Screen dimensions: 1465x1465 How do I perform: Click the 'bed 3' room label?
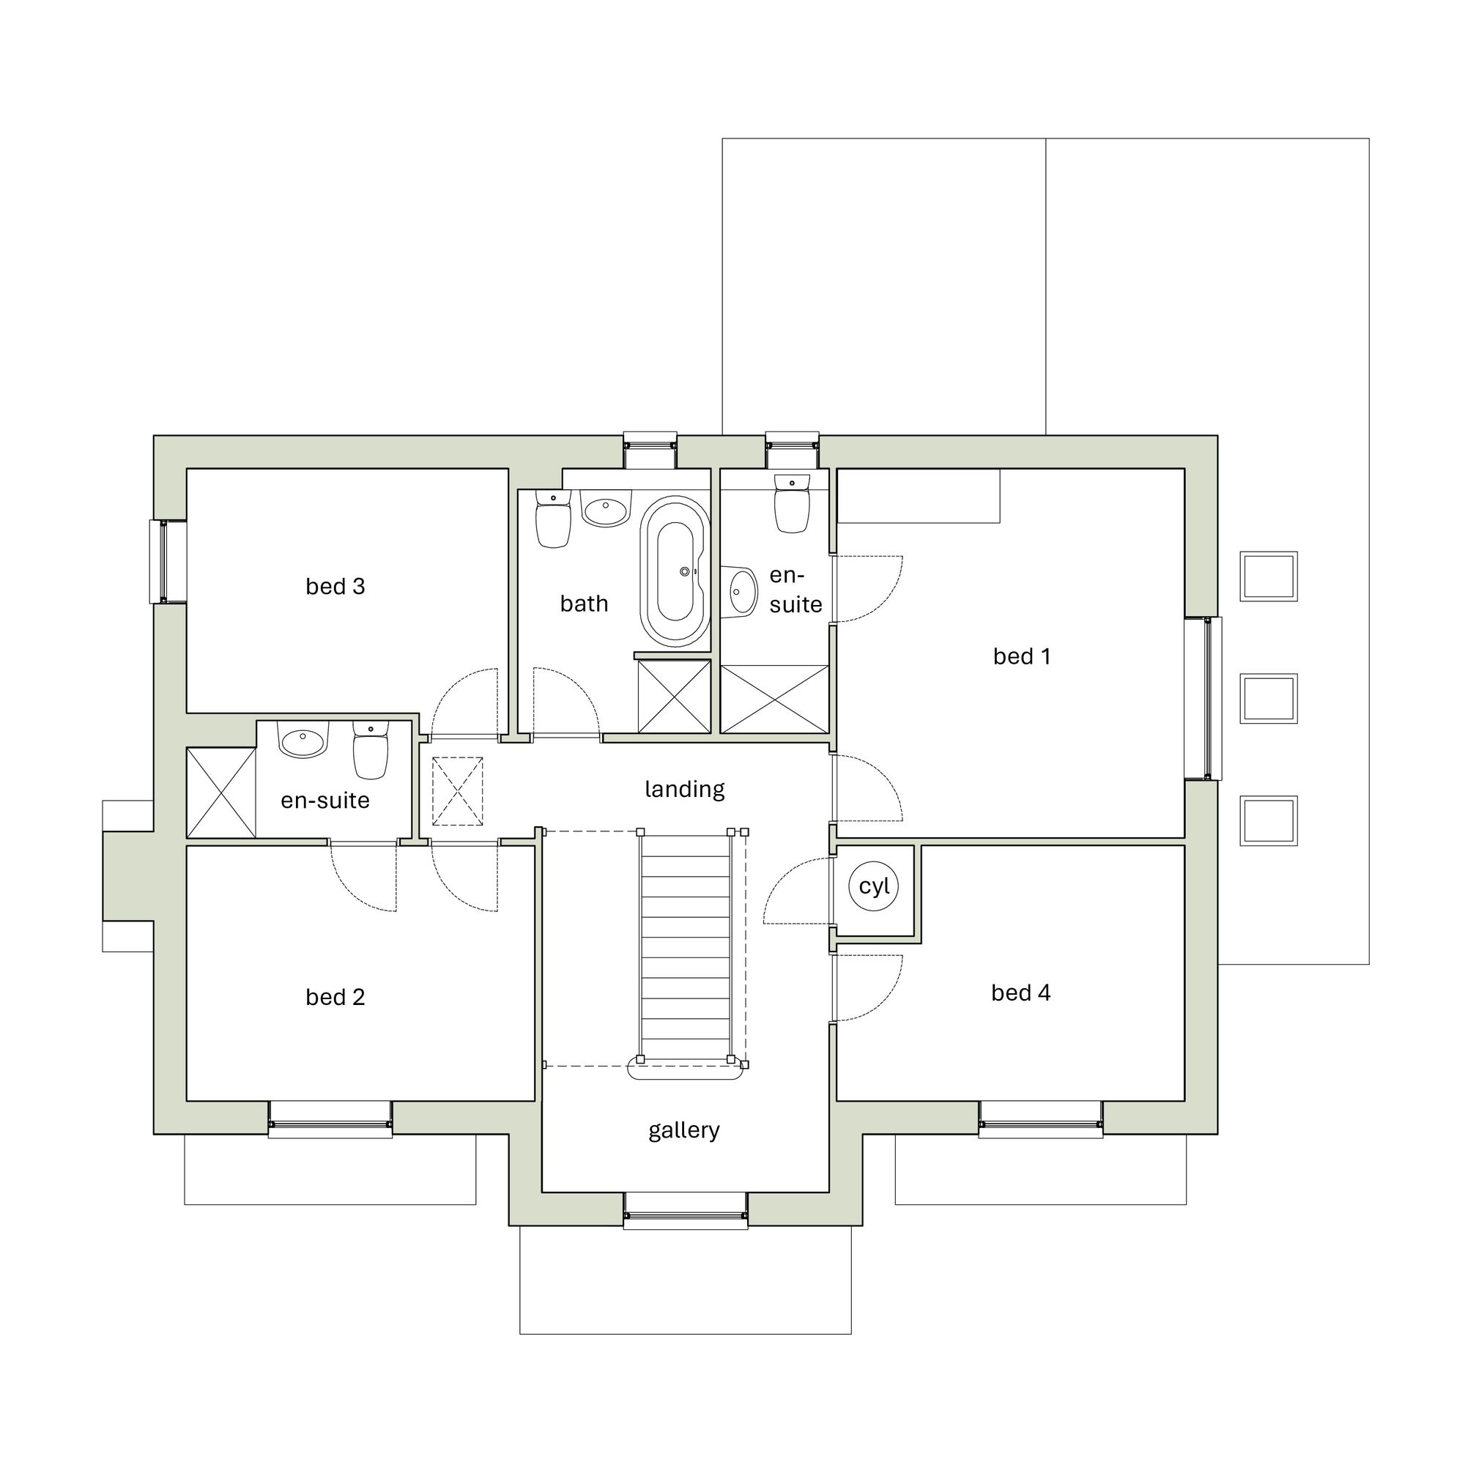(x=335, y=586)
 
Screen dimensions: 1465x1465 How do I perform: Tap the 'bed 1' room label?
(x=1021, y=656)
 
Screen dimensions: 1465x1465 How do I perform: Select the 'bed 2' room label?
(x=335, y=996)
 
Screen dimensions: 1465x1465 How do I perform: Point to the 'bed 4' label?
(x=1020, y=992)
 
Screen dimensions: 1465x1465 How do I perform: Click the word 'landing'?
(x=684, y=790)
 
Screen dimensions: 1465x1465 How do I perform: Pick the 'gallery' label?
(x=683, y=1130)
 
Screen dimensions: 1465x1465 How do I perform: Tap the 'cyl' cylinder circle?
(x=874, y=885)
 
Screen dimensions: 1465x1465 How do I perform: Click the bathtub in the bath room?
(x=674, y=572)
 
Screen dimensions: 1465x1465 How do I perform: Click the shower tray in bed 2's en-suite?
(x=220, y=792)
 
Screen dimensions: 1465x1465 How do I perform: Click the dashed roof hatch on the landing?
(x=457, y=791)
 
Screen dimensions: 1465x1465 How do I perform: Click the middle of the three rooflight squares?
(x=1268, y=697)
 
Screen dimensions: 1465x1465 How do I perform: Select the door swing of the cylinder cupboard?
(x=796, y=891)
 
